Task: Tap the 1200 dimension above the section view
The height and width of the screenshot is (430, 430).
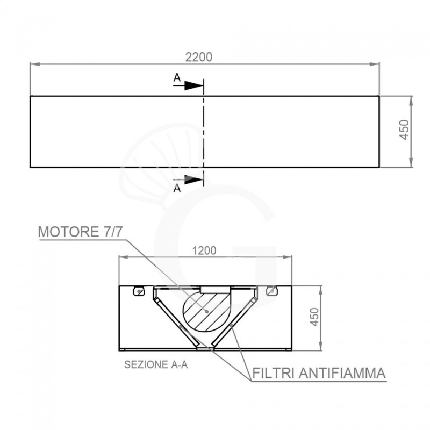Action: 204,250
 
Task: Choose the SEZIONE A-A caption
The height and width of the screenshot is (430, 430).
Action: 155,364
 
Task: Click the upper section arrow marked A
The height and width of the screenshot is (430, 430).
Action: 193,85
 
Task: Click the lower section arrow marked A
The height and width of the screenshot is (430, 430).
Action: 193,180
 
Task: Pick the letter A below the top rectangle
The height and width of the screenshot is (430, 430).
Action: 177,188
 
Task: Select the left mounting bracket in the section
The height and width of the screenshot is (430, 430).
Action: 139,291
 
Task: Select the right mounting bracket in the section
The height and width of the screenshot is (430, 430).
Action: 271,291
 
